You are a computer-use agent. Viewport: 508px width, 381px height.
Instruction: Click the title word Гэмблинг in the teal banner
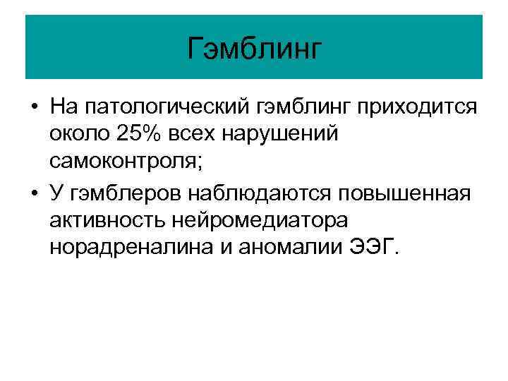point(254,49)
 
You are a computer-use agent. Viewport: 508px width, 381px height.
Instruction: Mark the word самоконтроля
point(127,162)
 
